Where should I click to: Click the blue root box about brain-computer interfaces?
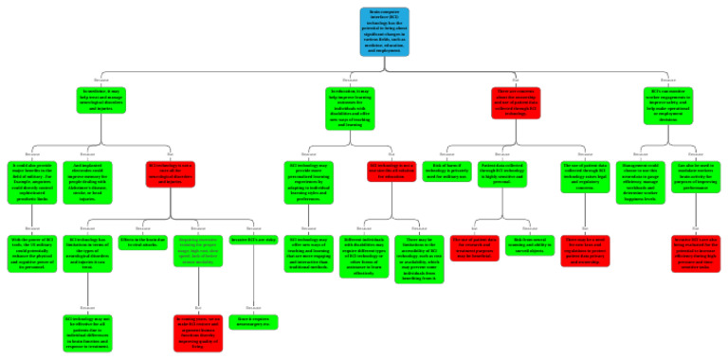tap(384, 31)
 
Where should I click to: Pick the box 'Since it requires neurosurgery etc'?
tap(253, 321)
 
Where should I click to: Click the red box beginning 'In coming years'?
tap(198, 329)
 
